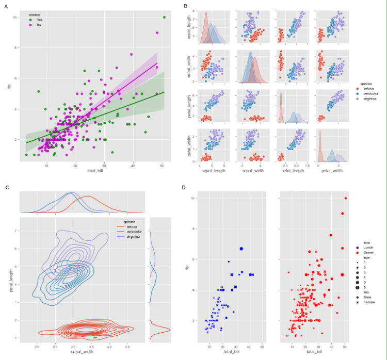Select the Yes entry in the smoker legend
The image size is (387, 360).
39,20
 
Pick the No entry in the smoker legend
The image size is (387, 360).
39,24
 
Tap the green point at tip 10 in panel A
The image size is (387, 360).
164,18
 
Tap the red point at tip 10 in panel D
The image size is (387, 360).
346,198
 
